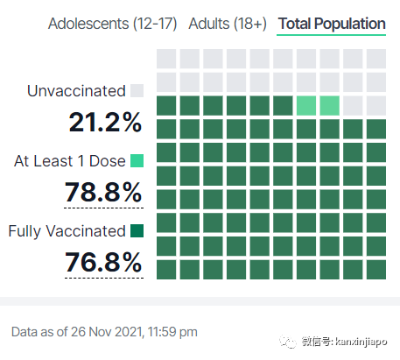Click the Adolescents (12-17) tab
[113, 24]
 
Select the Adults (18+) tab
[228, 24]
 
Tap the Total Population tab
[332, 24]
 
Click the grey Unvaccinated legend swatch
[137, 90]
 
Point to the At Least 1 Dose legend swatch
[137, 160]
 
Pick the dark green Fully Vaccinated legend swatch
[137, 230]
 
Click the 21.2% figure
[105, 122]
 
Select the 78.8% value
[103, 192]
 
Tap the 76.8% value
[103, 262]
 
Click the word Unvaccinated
[76, 91]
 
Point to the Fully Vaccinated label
[67, 231]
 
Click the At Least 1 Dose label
[70, 161]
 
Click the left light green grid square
[306, 106]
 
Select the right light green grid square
[330, 106]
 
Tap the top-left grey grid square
[166, 59]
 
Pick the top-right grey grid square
[376, 59]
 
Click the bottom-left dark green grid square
[166, 270]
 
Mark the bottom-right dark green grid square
[376, 270]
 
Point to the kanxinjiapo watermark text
[361, 342]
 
